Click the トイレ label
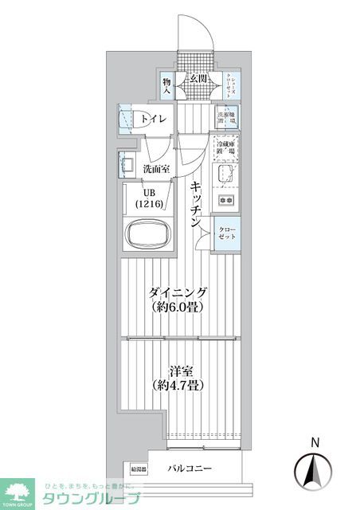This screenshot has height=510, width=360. (154, 120)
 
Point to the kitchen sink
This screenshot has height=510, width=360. (225, 174)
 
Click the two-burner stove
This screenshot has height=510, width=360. (226, 200)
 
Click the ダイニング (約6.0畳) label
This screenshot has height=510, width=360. (176, 299)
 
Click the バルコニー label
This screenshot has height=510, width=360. (190, 469)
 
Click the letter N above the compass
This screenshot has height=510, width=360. (315, 442)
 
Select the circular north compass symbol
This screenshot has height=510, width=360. (315, 472)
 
